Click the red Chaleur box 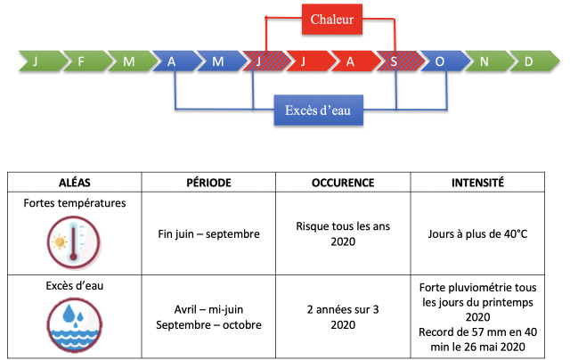pos(332,20)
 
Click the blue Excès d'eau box pos(319,110)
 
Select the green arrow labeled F pos(86,61)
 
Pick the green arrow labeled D pos(534,61)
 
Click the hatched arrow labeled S pos(400,61)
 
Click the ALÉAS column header pos(75,183)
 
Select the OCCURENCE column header pos(343,183)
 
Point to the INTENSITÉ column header pos(477,183)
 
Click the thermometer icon pos(74,241)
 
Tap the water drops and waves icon pos(75,324)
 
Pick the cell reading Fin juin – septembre pos(208,233)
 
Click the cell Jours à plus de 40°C pos(477,233)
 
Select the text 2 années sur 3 pos(343,309)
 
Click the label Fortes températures pos(75,203)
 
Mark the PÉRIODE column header pos(208,183)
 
